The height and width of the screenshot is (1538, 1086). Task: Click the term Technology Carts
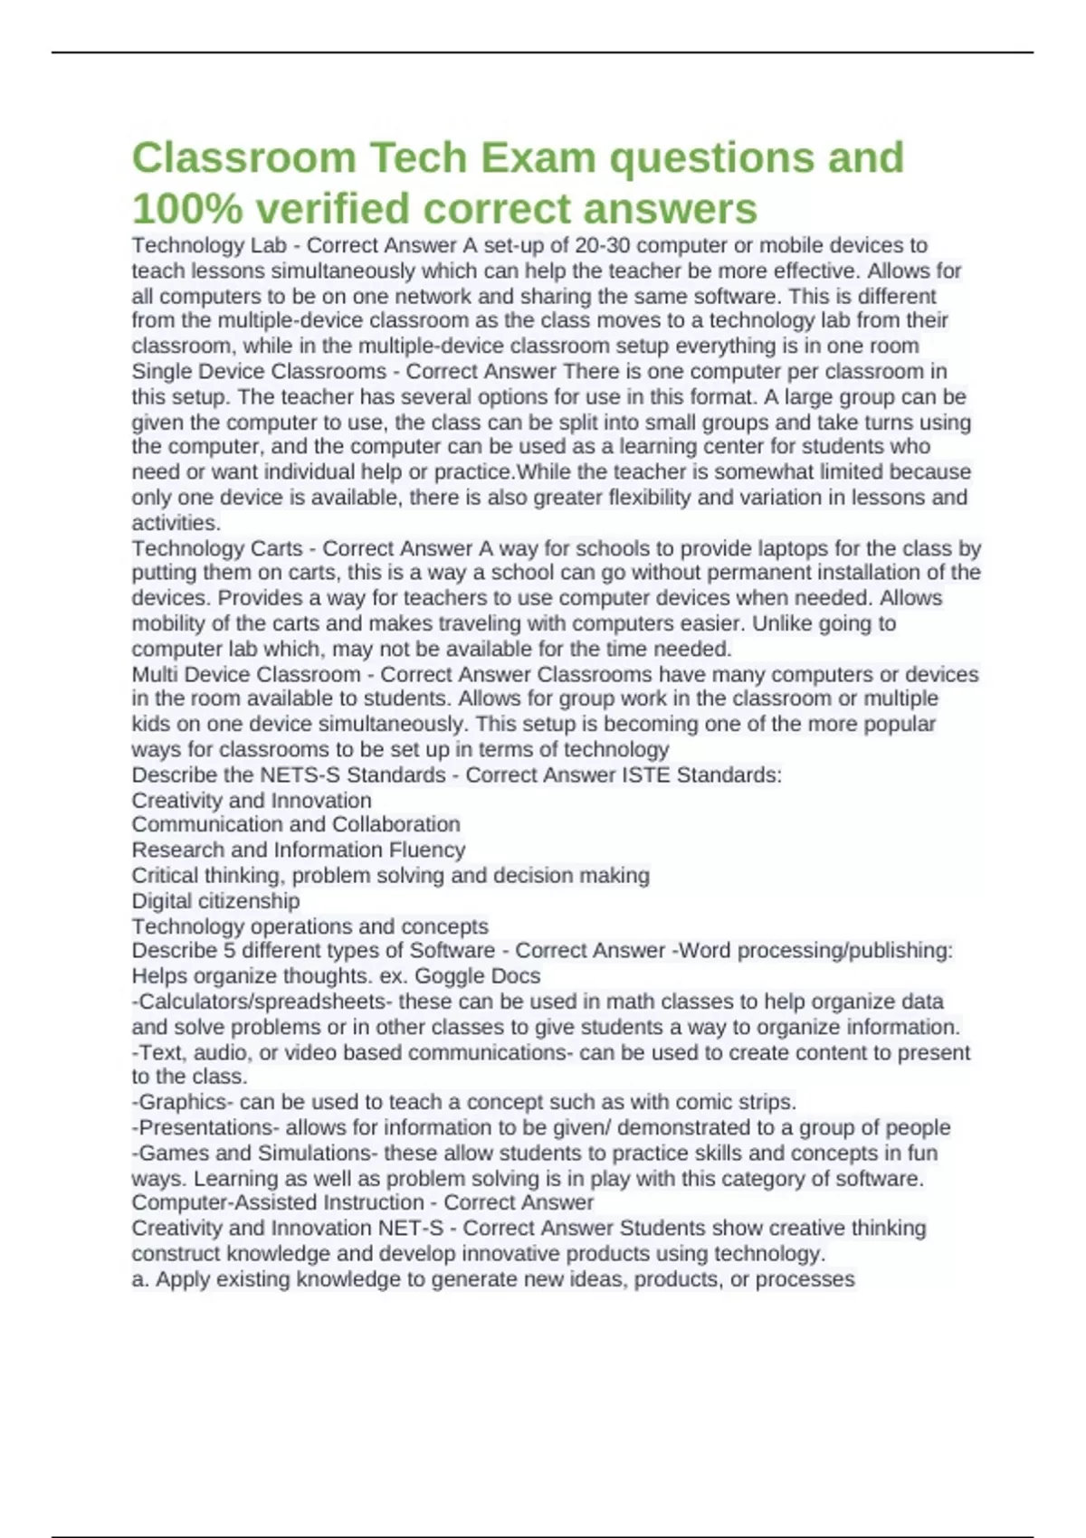pyautogui.click(x=217, y=548)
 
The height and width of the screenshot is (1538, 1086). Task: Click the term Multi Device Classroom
pyautogui.click(x=246, y=674)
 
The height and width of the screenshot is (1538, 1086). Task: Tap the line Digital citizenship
pyautogui.click(x=215, y=900)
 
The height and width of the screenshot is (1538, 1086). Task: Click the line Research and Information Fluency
pyautogui.click(x=299, y=850)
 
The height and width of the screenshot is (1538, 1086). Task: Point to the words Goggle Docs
pyautogui.click(x=477, y=976)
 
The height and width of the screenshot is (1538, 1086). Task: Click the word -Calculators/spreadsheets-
pyautogui.click(x=262, y=1002)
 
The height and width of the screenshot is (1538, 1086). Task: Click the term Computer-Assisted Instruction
pyautogui.click(x=278, y=1202)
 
